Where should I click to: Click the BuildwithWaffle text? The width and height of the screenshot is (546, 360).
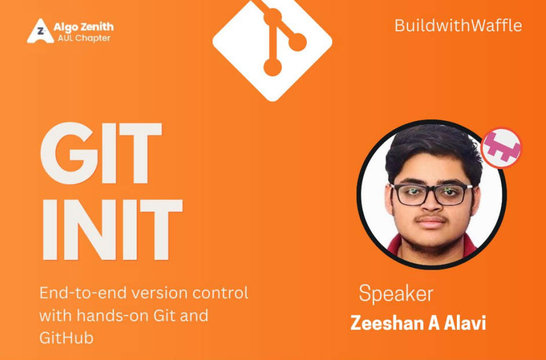point(458,25)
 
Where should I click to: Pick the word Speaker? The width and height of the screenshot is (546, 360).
point(395,293)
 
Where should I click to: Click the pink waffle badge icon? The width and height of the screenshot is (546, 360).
point(501,148)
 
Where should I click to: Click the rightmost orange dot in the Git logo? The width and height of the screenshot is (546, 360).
point(297,41)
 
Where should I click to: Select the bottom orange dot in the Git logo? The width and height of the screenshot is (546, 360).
point(272,68)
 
